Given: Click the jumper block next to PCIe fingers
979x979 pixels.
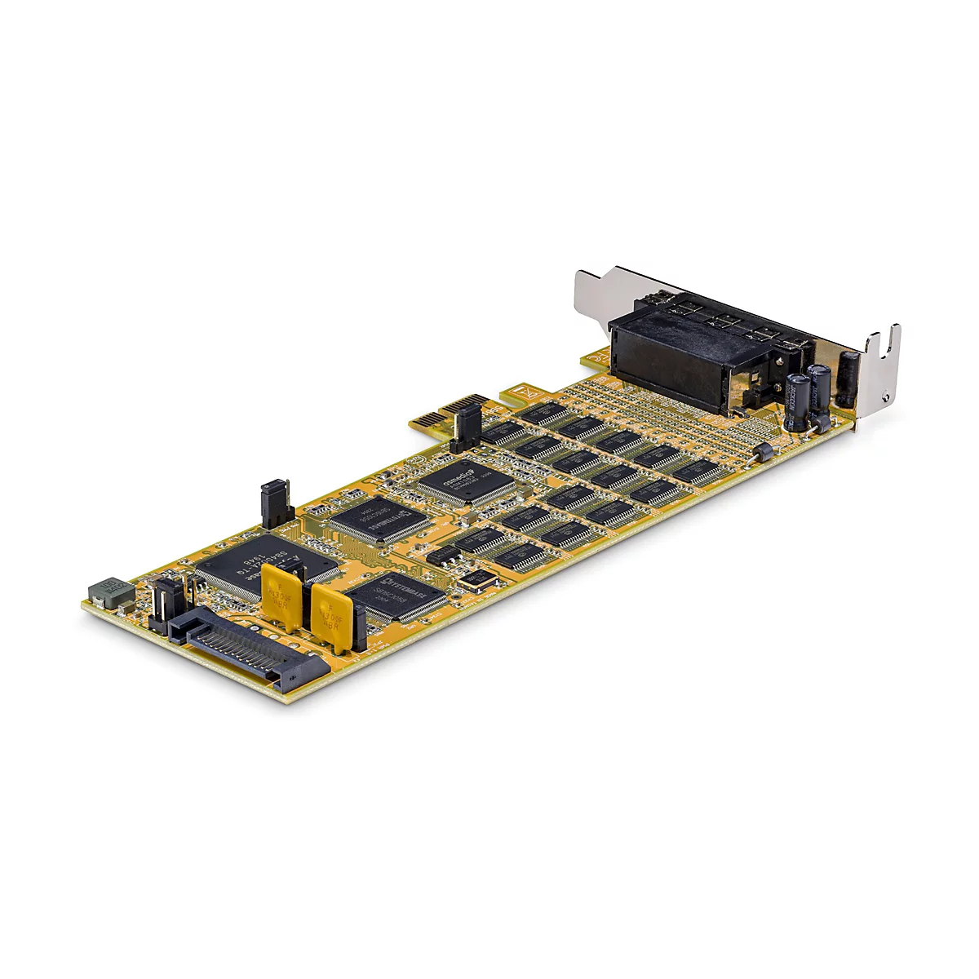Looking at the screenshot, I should (467, 426).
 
